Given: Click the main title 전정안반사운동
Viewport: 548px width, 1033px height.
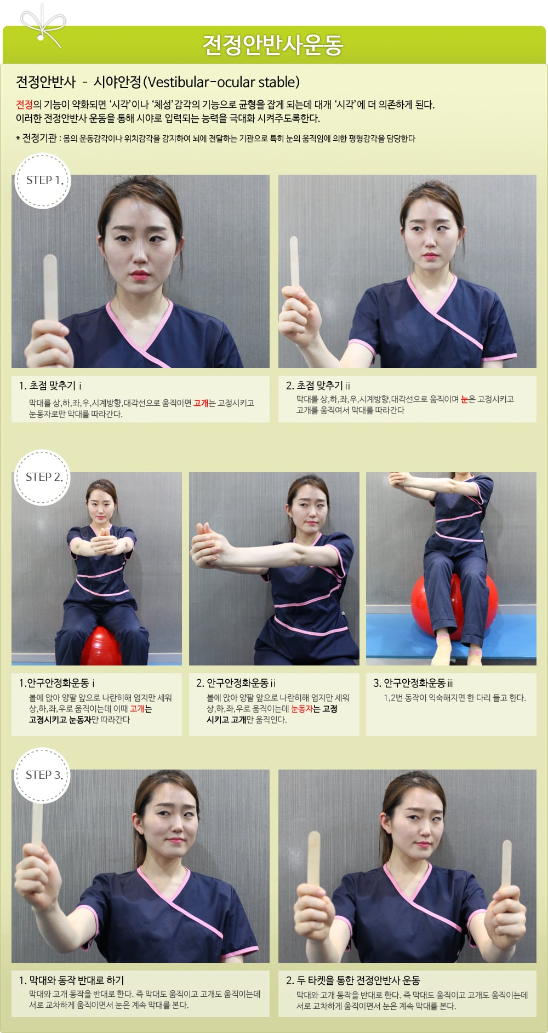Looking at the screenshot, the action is click(273, 45).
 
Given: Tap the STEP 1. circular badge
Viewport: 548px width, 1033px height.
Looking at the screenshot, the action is click(43, 180).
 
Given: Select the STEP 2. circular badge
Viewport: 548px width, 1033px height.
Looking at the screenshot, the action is click(43, 477).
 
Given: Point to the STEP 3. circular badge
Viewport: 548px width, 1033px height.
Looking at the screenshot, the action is click(43, 775).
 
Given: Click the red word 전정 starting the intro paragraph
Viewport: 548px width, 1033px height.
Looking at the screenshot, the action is click(24, 105).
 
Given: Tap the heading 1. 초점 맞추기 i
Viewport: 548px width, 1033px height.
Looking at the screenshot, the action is click(50, 386).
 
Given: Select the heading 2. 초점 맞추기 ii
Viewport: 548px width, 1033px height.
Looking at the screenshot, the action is click(318, 386).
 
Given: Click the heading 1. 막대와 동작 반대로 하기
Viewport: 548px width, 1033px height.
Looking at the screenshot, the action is click(71, 980).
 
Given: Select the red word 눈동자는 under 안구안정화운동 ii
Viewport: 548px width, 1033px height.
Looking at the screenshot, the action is click(305, 709).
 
